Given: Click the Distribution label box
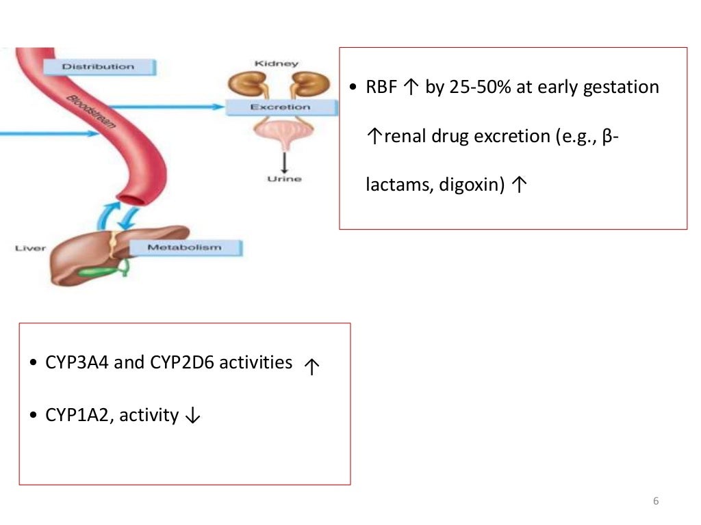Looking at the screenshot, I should (x=99, y=66).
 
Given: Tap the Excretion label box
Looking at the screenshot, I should (x=280, y=107).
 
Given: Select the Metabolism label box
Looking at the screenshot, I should (x=184, y=247).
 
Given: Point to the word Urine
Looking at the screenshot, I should (x=284, y=179).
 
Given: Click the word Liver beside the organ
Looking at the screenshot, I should (x=30, y=247).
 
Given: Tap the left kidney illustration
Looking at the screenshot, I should (x=245, y=85).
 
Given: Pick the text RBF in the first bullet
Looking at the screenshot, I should (x=382, y=87).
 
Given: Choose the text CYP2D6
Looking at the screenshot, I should (x=181, y=363).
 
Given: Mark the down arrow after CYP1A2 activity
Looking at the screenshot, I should (x=192, y=416).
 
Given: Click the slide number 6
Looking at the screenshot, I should (x=656, y=501).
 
